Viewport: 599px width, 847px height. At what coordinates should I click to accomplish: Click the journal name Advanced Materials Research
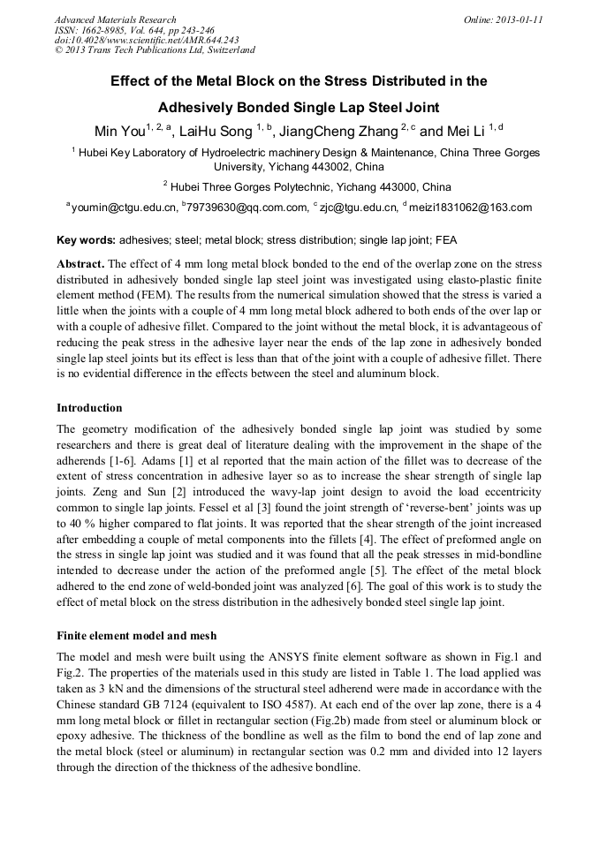click(x=115, y=19)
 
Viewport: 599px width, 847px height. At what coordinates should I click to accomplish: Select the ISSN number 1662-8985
click(x=103, y=30)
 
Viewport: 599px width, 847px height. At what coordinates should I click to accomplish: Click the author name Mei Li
click(x=467, y=132)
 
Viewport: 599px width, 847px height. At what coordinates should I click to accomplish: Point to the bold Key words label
click(x=86, y=239)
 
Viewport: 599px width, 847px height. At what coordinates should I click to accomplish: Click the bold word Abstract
click(x=80, y=264)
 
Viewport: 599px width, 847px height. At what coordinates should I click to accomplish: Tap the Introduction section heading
click(x=89, y=408)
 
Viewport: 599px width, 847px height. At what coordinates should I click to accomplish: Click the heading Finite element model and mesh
click(x=136, y=635)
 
